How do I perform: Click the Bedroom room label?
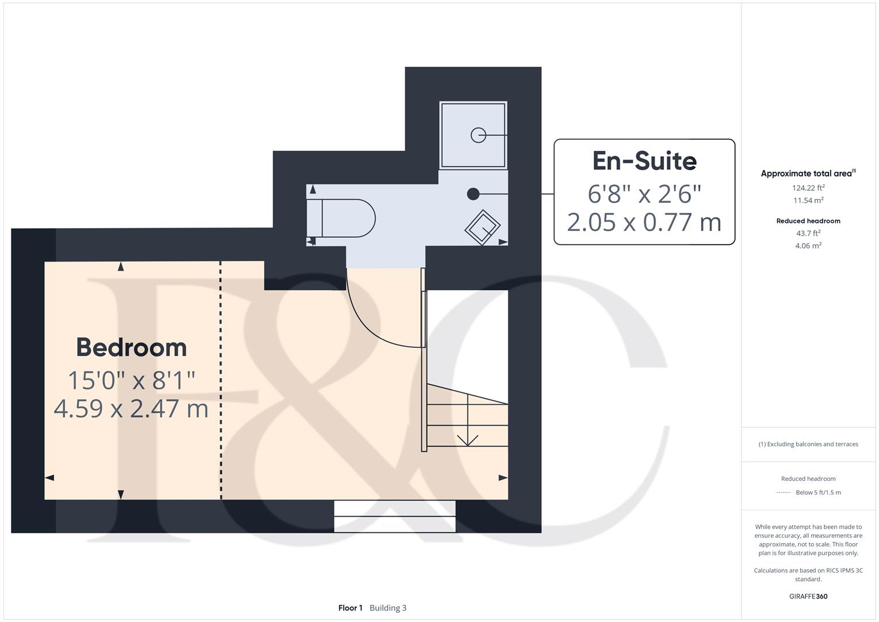[x=131, y=347]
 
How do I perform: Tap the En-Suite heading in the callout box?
[x=644, y=161]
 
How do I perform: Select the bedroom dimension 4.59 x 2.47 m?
[x=131, y=408]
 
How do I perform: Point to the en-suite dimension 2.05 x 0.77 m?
[x=644, y=222]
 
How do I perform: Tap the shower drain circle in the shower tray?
[x=478, y=135]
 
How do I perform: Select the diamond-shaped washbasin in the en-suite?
[x=482, y=227]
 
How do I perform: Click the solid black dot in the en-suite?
[x=473, y=194]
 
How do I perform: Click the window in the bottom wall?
[x=395, y=516]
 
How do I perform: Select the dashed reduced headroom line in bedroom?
[x=221, y=380]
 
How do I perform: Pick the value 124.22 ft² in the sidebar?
[x=808, y=188]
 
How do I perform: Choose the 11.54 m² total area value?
[x=808, y=200]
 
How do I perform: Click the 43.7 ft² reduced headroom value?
[x=808, y=233]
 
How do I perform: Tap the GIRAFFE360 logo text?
[x=808, y=596]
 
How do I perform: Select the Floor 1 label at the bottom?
[x=350, y=608]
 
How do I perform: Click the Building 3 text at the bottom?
[x=388, y=608]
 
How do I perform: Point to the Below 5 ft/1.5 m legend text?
[x=818, y=492]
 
